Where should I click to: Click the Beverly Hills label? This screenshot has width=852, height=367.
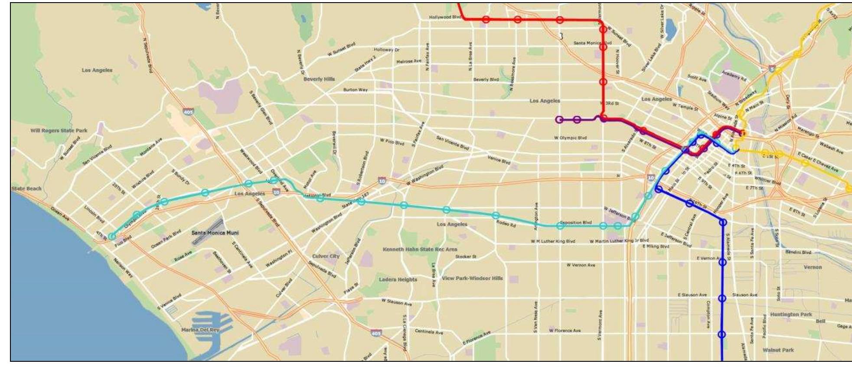tap(319, 79)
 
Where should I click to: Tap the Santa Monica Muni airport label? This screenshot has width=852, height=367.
tap(215, 233)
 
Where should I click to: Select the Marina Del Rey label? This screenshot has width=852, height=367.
tap(200, 330)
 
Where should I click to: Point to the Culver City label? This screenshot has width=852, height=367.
tap(326, 257)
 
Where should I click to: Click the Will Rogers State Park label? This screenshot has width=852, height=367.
tap(59, 130)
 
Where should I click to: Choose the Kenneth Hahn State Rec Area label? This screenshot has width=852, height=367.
tap(420, 250)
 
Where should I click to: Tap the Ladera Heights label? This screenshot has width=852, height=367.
tap(398, 279)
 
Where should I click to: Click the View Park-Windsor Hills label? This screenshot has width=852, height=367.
tap(472, 278)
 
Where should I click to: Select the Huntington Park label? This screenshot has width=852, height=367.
tap(791, 315)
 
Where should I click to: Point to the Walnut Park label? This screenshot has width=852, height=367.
tap(778, 350)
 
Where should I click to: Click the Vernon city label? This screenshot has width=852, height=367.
tap(813, 267)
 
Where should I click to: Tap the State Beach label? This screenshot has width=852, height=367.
tap(26, 188)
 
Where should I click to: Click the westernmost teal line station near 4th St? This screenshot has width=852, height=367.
tap(112, 236)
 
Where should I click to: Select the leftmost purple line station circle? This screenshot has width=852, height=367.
tap(559, 120)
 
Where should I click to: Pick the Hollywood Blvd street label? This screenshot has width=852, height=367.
tap(445, 17)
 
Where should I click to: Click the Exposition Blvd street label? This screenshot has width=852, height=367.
tap(575, 223)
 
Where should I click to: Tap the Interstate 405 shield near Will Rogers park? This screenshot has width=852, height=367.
tap(188, 112)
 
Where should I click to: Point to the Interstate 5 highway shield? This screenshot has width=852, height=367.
tap(772, 68)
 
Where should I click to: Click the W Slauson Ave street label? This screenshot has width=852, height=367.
tap(396, 302)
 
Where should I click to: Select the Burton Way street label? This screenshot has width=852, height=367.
tap(355, 90)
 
